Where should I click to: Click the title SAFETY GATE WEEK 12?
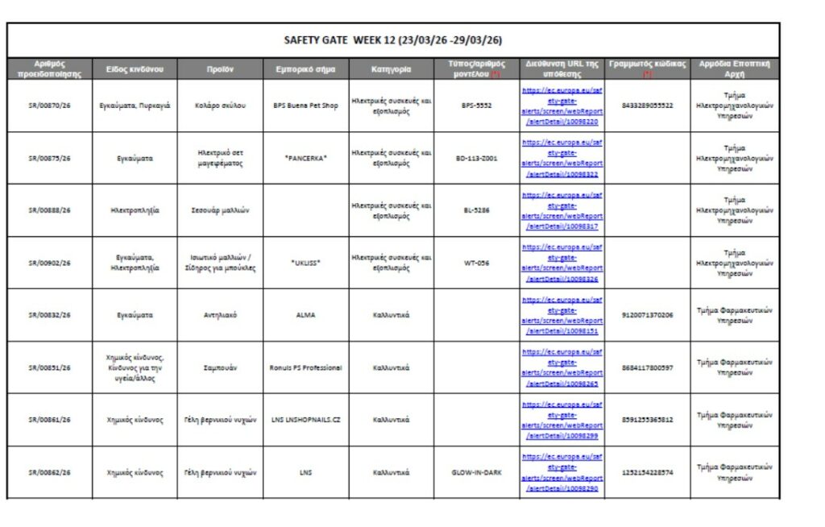click(393, 40)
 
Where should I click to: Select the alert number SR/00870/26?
click(50, 106)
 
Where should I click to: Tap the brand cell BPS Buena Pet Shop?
click(305, 106)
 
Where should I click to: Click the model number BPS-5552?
click(476, 106)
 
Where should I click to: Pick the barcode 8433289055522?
click(648, 106)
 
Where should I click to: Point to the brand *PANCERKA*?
click(305, 158)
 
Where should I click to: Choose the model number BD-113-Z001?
click(476, 158)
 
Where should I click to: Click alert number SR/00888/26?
click(50, 210)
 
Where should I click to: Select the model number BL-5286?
click(476, 210)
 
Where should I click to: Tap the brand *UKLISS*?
click(305, 263)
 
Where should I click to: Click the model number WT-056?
click(476, 263)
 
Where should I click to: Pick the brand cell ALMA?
click(305, 315)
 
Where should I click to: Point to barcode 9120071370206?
click(648, 315)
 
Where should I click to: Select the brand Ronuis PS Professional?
click(305, 367)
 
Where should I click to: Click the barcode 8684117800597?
click(648, 367)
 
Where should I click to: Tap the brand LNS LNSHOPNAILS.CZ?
click(305, 420)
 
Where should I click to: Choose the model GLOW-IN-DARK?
click(476, 472)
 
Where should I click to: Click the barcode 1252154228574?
click(648, 472)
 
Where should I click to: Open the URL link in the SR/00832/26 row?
click(562, 315)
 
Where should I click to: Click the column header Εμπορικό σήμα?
click(305, 69)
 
